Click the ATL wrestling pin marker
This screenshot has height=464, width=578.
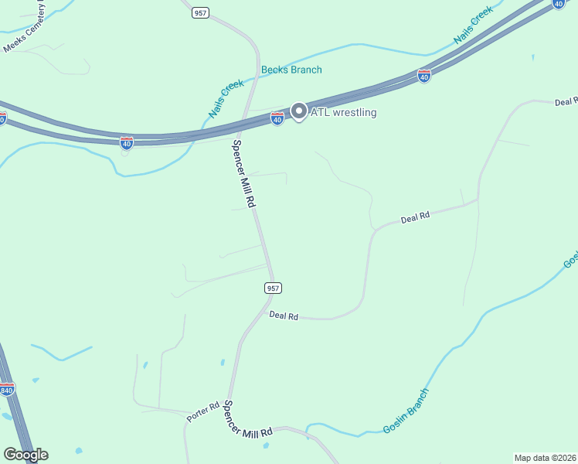pyautogui.click(x=297, y=111)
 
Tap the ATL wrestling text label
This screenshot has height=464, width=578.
pyautogui.click(x=343, y=113)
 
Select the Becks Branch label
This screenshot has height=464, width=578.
pyautogui.click(x=291, y=70)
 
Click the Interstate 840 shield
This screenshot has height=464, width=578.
pyautogui.click(x=7, y=389)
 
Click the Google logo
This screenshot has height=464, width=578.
pyautogui.click(x=25, y=455)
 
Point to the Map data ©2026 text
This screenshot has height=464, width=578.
pyautogui.click(x=546, y=458)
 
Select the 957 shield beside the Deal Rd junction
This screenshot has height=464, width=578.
pyautogui.click(x=272, y=288)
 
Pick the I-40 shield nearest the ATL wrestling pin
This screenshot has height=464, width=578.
pyautogui.click(x=277, y=118)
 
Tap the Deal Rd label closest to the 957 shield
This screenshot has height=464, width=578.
pyautogui.click(x=284, y=316)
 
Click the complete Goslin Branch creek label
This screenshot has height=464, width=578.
pyautogui.click(x=405, y=411)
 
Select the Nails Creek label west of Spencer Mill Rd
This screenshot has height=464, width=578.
pyautogui.click(x=226, y=98)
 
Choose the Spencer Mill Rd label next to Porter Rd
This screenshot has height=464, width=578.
pyautogui.click(x=247, y=421)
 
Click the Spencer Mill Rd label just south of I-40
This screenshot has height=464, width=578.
pyautogui.click(x=244, y=173)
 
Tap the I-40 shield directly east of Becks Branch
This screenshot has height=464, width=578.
pyautogui.click(x=423, y=76)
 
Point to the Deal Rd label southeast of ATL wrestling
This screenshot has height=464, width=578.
pyautogui.click(x=415, y=219)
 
